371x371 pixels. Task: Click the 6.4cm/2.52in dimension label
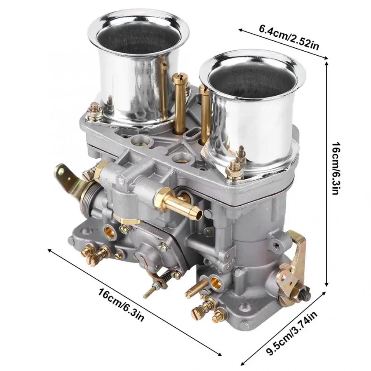pyautogui.click(x=289, y=38)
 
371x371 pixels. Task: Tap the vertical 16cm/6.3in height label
pyautogui.click(x=336, y=168)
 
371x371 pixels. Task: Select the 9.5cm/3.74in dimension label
pyautogui.click(x=292, y=333)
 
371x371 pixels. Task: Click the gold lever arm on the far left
pyautogui.click(x=69, y=180)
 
